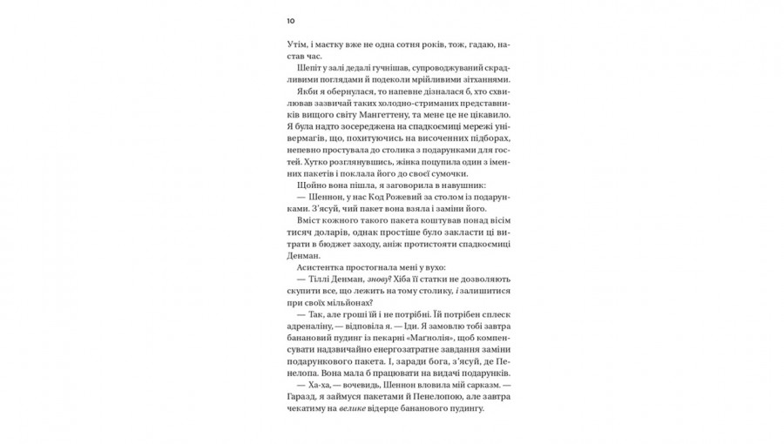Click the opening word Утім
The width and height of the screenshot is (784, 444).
[298, 44]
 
